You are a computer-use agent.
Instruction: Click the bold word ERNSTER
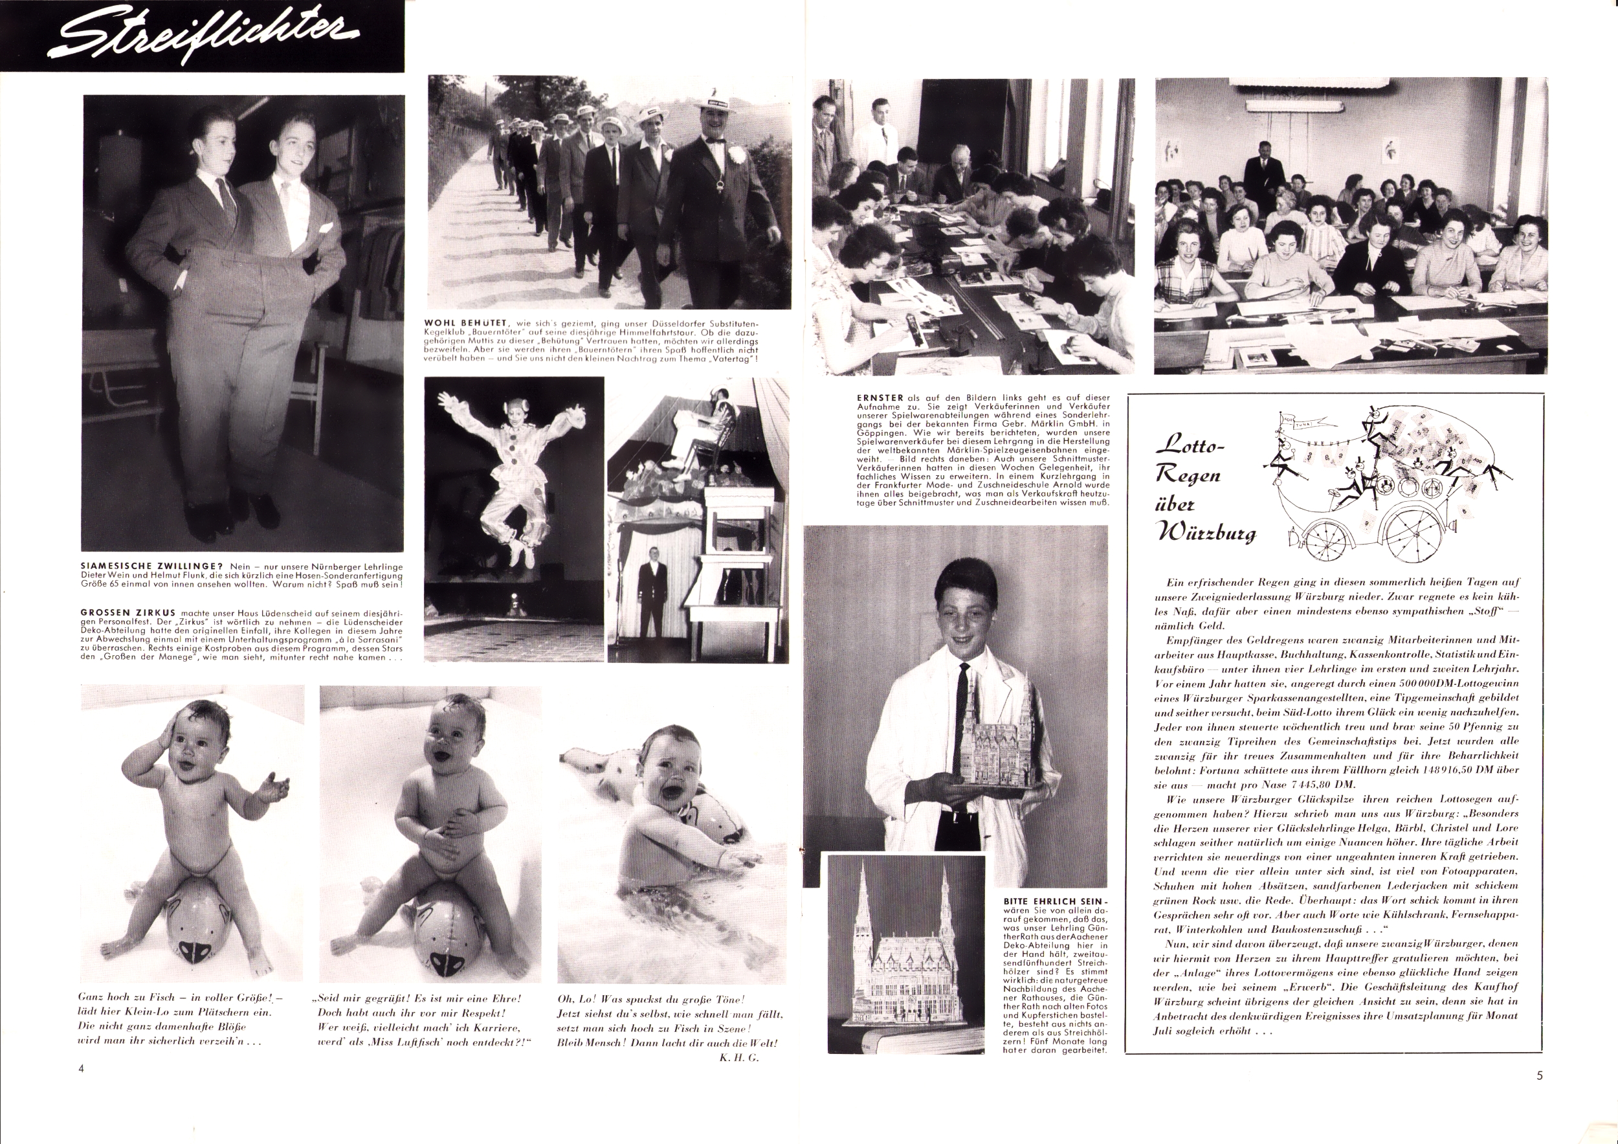[872, 397]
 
